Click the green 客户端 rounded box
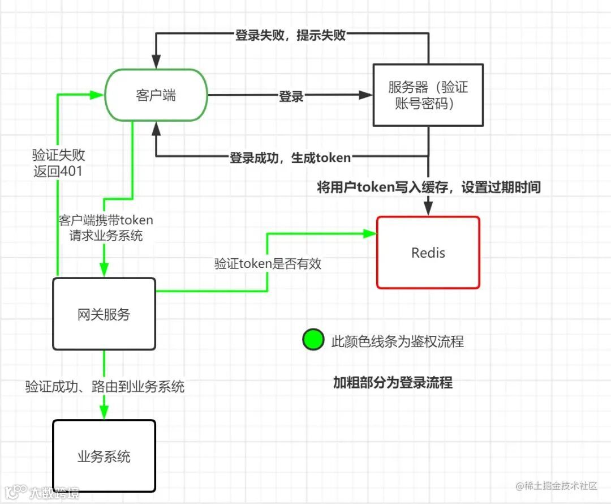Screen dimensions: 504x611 click(x=156, y=95)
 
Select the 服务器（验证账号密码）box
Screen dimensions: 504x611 click(x=428, y=95)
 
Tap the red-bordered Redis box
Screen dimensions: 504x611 click(x=428, y=253)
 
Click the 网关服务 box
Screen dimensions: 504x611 click(x=104, y=314)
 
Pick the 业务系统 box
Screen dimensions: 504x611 click(x=104, y=456)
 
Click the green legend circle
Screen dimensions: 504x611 click(x=313, y=341)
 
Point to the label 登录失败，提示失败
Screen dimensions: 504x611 click(x=290, y=35)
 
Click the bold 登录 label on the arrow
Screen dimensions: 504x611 click(x=291, y=96)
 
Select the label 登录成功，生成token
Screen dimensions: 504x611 click(x=290, y=158)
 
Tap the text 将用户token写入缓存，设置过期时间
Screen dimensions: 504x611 click(x=429, y=187)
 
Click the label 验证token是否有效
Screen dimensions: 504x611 click(x=268, y=263)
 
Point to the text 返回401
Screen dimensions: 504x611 click(x=58, y=170)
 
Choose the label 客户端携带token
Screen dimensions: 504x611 click(x=106, y=220)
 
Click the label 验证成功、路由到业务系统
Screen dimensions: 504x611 click(x=105, y=387)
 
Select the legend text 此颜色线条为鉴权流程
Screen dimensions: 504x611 click(x=397, y=341)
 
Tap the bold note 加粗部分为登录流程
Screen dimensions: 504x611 click(x=393, y=383)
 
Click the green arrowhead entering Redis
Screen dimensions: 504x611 click(x=371, y=232)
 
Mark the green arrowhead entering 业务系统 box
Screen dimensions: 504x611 click(x=104, y=415)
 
